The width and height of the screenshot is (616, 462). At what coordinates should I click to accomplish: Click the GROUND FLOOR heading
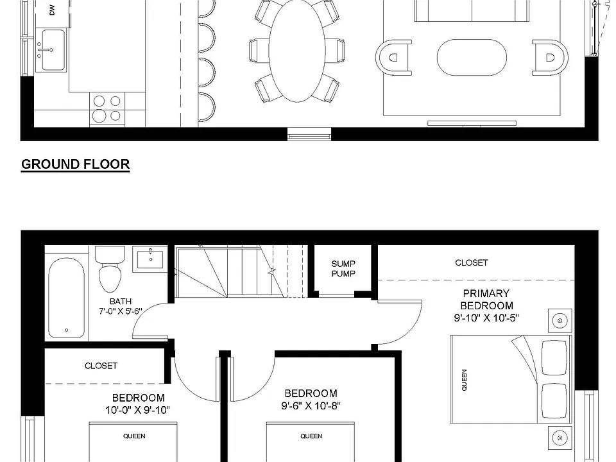pos(76,164)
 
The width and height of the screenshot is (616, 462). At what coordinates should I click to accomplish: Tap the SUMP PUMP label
pos(343,269)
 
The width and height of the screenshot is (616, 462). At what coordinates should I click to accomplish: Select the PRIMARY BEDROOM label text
pos(487,300)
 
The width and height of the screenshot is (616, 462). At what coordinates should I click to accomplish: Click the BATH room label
pos(121,302)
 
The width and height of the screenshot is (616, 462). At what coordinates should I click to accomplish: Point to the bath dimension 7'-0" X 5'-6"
pos(121,311)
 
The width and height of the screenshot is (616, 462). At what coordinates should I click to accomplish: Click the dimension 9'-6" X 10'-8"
pos(311,406)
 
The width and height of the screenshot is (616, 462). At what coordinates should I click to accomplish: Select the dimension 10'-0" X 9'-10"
pos(137,410)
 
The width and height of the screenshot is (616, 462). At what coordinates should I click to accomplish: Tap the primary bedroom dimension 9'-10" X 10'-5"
pos(486,318)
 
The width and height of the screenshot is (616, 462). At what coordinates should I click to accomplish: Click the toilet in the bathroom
pos(110,269)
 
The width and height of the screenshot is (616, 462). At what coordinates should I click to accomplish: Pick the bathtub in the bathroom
pos(66,297)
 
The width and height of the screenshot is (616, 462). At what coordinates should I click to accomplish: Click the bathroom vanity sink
pos(150,259)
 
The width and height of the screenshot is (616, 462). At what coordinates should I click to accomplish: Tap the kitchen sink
pos(51,49)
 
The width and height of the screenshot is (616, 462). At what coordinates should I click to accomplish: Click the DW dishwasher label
pos(52,10)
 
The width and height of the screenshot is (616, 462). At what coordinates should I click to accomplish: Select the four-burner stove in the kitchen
pos(107,109)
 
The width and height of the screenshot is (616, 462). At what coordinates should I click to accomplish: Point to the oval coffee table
pos(472,57)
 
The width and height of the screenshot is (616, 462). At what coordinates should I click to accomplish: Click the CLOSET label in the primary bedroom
pos(472,262)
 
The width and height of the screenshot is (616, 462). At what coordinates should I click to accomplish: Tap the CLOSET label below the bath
pos(101,366)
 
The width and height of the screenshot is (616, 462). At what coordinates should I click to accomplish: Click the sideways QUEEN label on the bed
pos(465,380)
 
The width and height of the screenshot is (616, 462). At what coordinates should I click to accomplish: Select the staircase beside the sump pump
pos(241,271)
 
